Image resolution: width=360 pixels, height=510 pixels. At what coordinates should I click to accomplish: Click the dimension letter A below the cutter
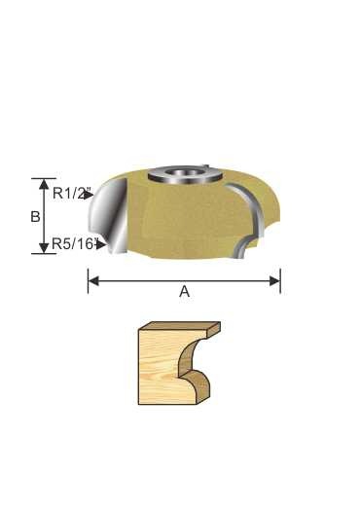pyautogui.click(x=184, y=291)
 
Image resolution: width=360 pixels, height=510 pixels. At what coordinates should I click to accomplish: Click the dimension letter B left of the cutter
pyautogui.click(x=36, y=217)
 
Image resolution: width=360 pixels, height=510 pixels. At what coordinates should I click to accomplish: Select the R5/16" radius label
pyautogui.click(x=73, y=244)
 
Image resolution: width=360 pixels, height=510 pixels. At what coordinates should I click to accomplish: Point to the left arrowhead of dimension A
pyautogui.click(x=92, y=281)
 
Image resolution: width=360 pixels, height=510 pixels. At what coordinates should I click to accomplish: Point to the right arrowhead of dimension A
pyautogui.click(x=276, y=281)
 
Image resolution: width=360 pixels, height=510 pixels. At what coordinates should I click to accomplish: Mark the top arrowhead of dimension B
pyautogui.click(x=43, y=183)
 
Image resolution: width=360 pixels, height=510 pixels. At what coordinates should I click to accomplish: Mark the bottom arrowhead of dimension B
pyautogui.click(x=43, y=249)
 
